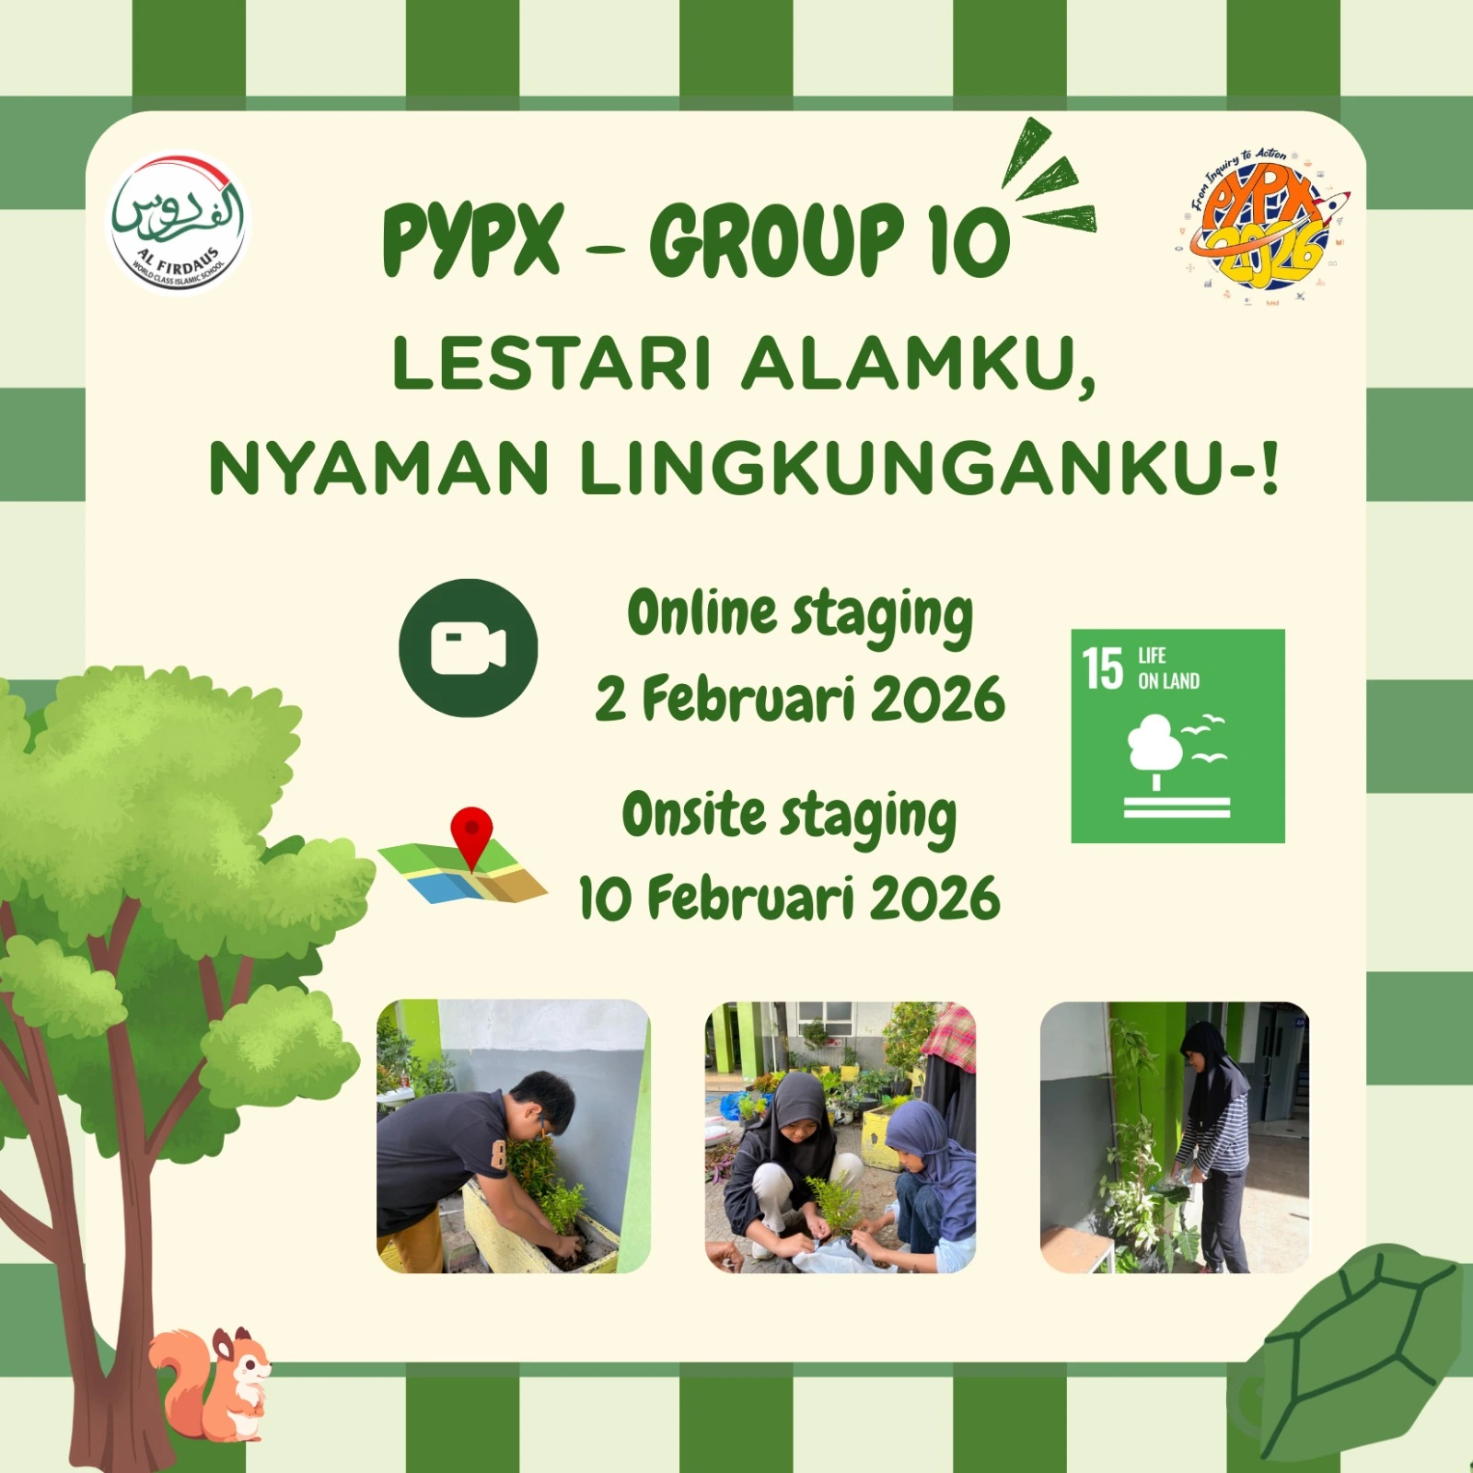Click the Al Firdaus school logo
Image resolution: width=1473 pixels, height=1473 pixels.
(x=180, y=223)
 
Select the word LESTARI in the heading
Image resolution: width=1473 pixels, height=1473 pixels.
(x=551, y=364)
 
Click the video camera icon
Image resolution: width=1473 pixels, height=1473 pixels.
(x=468, y=648)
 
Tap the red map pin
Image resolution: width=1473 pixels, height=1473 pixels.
(x=471, y=834)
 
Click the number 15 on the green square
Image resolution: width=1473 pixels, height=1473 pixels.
(x=1102, y=668)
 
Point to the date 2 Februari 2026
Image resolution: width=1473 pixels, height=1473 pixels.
(x=799, y=700)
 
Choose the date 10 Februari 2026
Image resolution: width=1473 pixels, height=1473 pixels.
(x=789, y=898)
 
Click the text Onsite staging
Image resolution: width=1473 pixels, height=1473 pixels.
(x=789, y=816)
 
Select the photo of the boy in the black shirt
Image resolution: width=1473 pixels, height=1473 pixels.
(x=513, y=1136)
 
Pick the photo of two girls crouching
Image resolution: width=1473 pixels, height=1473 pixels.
(x=840, y=1136)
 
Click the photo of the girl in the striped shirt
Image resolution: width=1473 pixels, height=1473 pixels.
(x=1174, y=1136)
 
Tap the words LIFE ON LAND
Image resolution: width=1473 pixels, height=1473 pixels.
(x=1168, y=668)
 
